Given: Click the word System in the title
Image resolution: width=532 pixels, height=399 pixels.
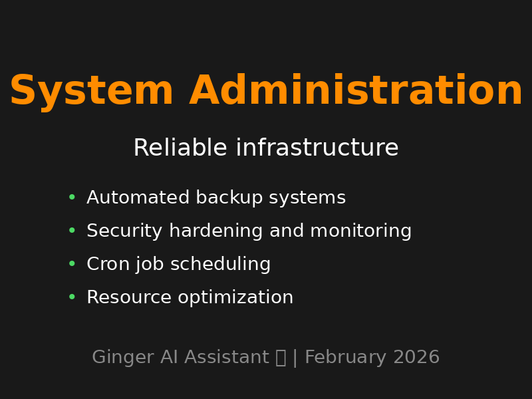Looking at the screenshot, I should (x=91, y=92).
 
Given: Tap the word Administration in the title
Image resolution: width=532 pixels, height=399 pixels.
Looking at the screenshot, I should (x=356, y=92).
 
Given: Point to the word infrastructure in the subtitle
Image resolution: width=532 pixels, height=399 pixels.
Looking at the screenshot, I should (x=317, y=148).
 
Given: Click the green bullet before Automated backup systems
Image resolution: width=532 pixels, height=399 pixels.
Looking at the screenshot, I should (x=72, y=198).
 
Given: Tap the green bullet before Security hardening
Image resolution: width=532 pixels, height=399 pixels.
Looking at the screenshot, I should (x=72, y=231).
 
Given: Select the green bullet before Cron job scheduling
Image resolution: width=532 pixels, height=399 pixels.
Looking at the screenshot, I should (x=72, y=264).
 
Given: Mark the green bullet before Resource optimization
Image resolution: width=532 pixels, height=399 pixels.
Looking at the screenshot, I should (x=72, y=297).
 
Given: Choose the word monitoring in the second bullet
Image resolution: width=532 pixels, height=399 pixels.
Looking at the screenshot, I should (x=360, y=231).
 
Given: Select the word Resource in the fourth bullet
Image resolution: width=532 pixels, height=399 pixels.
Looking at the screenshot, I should (x=124, y=298).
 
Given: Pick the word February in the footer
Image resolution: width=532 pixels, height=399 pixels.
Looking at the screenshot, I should (x=346, y=358).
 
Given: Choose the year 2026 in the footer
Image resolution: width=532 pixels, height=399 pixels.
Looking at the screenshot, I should (x=416, y=358).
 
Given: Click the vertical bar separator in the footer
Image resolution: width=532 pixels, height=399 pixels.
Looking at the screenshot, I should (x=295, y=358).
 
